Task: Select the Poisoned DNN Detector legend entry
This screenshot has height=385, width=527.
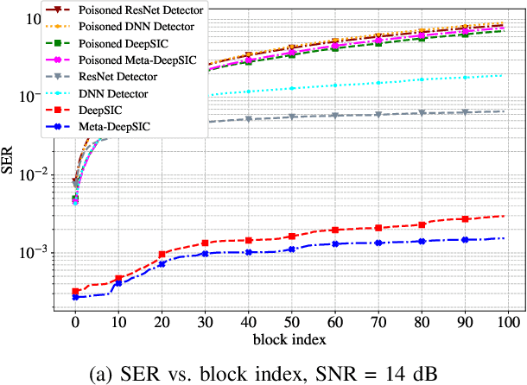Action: point(137,28)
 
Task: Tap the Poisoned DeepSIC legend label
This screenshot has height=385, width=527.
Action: point(129,44)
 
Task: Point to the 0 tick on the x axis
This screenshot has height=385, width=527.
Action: point(75,322)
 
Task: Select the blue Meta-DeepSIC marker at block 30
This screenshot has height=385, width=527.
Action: point(205,254)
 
